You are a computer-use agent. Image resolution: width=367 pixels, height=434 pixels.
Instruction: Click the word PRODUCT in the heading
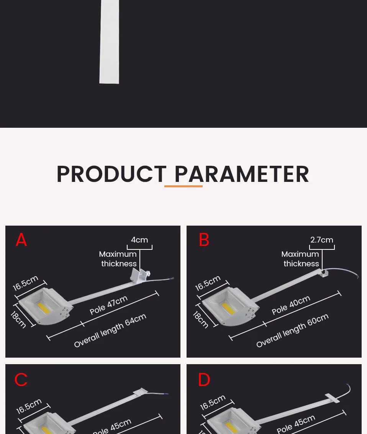pyautogui.click(x=111, y=174)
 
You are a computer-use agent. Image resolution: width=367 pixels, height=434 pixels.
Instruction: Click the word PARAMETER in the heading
pyautogui.click(x=242, y=174)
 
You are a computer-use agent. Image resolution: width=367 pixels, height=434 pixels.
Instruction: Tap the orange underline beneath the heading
pyautogui.click(x=183, y=186)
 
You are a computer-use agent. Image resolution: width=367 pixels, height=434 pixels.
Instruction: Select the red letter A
pyautogui.click(x=21, y=240)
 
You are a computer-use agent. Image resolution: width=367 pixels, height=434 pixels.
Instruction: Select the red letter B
pyautogui.click(x=204, y=240)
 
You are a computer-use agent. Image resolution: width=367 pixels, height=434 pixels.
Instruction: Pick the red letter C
pyautogui.click(x=21, y=380)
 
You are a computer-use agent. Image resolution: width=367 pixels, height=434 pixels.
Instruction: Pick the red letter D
pyautogui.click(x=204, y=380)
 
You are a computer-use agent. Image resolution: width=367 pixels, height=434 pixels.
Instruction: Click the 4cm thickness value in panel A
pyautogui.click(x=139, y=240)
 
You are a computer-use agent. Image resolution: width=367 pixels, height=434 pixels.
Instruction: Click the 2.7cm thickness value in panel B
pyautogui.click(x=322, y=240)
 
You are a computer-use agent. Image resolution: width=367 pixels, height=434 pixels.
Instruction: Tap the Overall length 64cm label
pyautogui.click(x=110, y=330)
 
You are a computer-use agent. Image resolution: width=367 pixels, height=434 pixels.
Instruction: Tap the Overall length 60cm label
pyautogui.click(x=292, y=330)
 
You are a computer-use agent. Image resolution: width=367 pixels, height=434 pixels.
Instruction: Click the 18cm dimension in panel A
pyautogui.click(x=18, y=319)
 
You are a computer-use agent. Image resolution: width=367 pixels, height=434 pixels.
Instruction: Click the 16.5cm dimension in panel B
pyautogui.click(x=208, y=283)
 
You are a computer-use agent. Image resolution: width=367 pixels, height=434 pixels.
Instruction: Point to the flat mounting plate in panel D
pyautogui.click(x=332, y=398)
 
